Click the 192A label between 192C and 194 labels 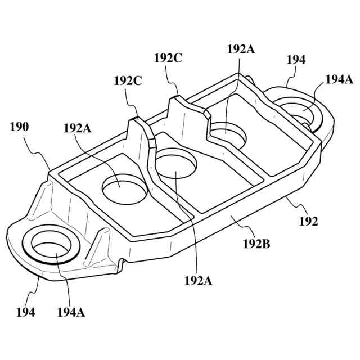tap(241, 49)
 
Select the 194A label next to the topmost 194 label tap(339, 79)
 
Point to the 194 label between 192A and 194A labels tap(296, 60)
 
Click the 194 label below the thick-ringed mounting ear tap(25, 312)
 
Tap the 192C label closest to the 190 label tap(128, 81)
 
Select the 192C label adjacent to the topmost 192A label tap(168, 58)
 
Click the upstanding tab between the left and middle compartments tap(141, 138)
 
